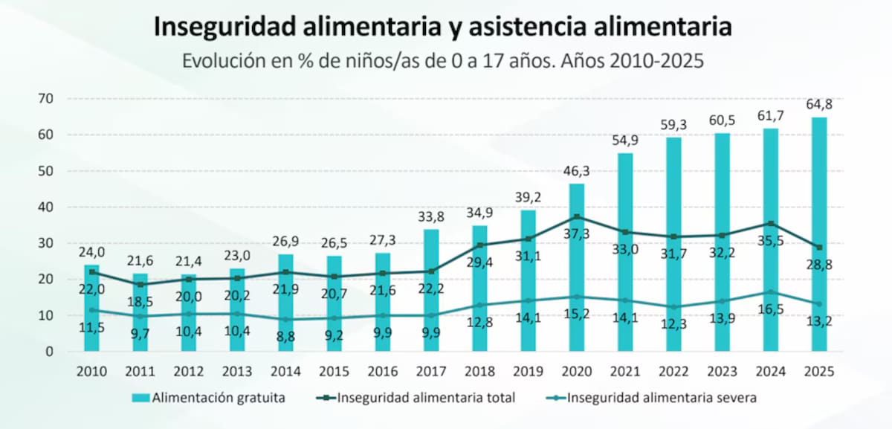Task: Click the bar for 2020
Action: (x=577, y=283)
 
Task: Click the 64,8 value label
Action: (x=818, y=103)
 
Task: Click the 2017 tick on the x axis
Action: (x=430, y=371)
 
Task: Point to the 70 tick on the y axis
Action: (x=46, y=98)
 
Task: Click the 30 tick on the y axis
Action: (x=46, y=243)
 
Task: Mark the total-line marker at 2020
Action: (x=577, y=216)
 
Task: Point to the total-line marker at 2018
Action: (x=479, y=245)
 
